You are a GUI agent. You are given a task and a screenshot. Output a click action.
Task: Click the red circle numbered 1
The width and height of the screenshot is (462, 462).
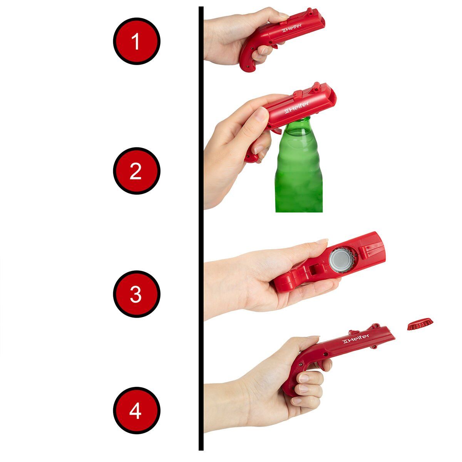point(137,41)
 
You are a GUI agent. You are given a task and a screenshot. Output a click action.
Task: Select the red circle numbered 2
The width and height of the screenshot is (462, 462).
point(137,171)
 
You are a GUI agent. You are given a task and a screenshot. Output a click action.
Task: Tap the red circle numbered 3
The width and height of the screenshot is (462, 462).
point(137,294)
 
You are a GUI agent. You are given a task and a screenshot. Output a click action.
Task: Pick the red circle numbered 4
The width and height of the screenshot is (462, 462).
point(137,410)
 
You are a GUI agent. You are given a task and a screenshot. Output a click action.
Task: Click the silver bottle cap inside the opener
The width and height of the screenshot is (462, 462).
point(341,260)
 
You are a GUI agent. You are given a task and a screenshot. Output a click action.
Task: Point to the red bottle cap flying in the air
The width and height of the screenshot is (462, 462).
point(420,324)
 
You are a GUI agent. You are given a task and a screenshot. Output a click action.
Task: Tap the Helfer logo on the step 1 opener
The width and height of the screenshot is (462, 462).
point(291,28)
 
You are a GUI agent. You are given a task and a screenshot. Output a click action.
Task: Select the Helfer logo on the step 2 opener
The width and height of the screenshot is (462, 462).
point(296,107)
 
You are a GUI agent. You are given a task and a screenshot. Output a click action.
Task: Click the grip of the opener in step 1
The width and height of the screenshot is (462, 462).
point(248,59)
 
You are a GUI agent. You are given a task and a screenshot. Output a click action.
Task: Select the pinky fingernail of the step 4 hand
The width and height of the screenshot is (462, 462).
point(297,401)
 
